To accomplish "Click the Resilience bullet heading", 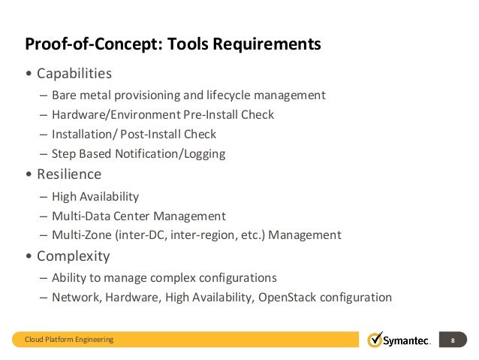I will point(68,174).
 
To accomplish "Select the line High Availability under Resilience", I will point(95,196).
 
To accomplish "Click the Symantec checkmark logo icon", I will point(375,340).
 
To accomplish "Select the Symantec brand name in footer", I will point(408,340).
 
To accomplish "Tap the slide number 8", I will point(453,340).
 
